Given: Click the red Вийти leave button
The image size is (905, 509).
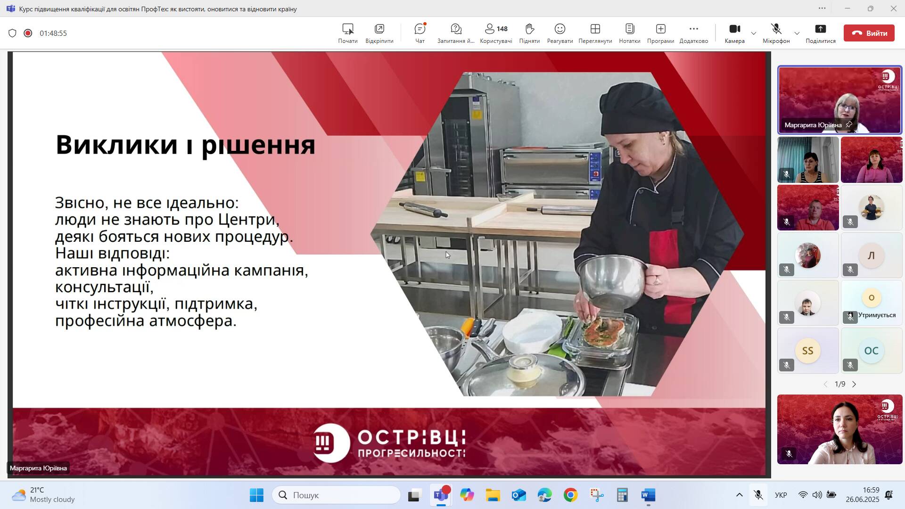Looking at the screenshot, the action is (x=869, y=33).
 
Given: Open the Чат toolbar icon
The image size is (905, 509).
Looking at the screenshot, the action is (x=420, y=29).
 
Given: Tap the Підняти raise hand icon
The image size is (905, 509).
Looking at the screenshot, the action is (x=529, y=29).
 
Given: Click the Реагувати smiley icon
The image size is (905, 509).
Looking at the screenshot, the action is (x=560, y=29).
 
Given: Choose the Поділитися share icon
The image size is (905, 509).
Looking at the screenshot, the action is (x=821, y=29).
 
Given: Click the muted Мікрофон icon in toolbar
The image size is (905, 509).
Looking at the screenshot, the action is (x=776, y=29).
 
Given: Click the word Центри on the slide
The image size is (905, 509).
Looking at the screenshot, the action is (x=249, y=220).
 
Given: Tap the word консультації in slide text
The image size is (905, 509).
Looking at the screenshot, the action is (x=104, y=287).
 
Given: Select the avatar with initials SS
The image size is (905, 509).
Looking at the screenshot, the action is (x=807, y=351).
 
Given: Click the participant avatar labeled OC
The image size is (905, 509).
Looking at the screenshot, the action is (x=871, y=351).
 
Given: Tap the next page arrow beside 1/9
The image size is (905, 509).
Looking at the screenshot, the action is (x=854, y=384).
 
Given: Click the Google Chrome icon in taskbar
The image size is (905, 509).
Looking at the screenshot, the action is (x=570, y=495).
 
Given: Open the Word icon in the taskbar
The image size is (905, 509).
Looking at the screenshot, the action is (x=648, y=495).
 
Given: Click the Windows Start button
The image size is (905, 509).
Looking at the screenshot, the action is (x=257, y=495).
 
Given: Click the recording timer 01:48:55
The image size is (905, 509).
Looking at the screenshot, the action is (x=53, y=33).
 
